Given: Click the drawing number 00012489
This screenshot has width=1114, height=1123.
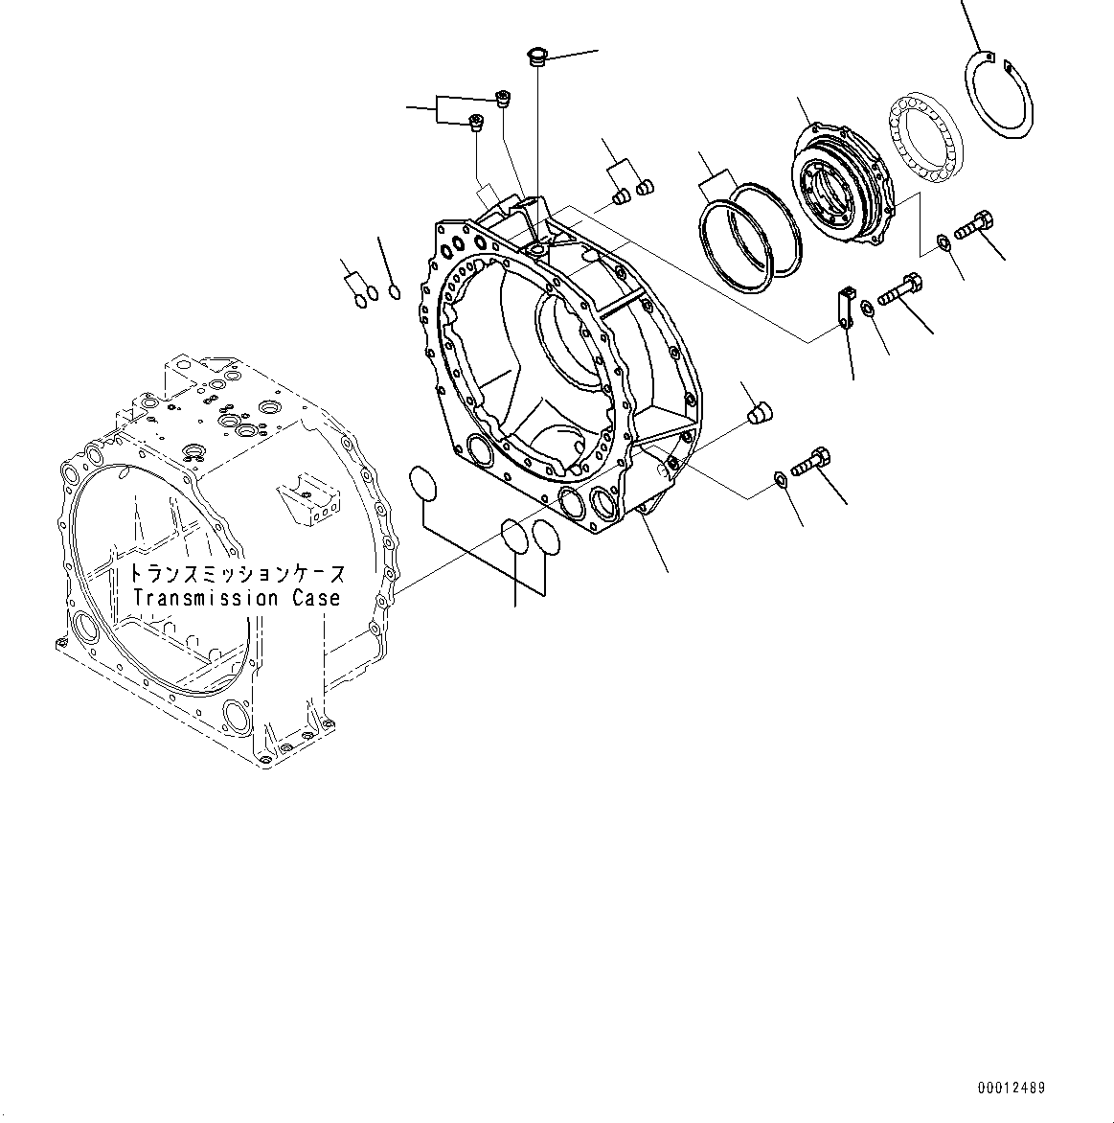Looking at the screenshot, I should (x=1012, y=1088).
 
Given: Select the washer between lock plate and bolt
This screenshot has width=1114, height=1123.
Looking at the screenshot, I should (x=867, y=308).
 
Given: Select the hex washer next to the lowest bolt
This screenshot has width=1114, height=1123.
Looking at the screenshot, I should (x=781, y=479).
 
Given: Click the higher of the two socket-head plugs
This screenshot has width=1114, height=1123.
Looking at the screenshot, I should (x=502, y=96).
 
